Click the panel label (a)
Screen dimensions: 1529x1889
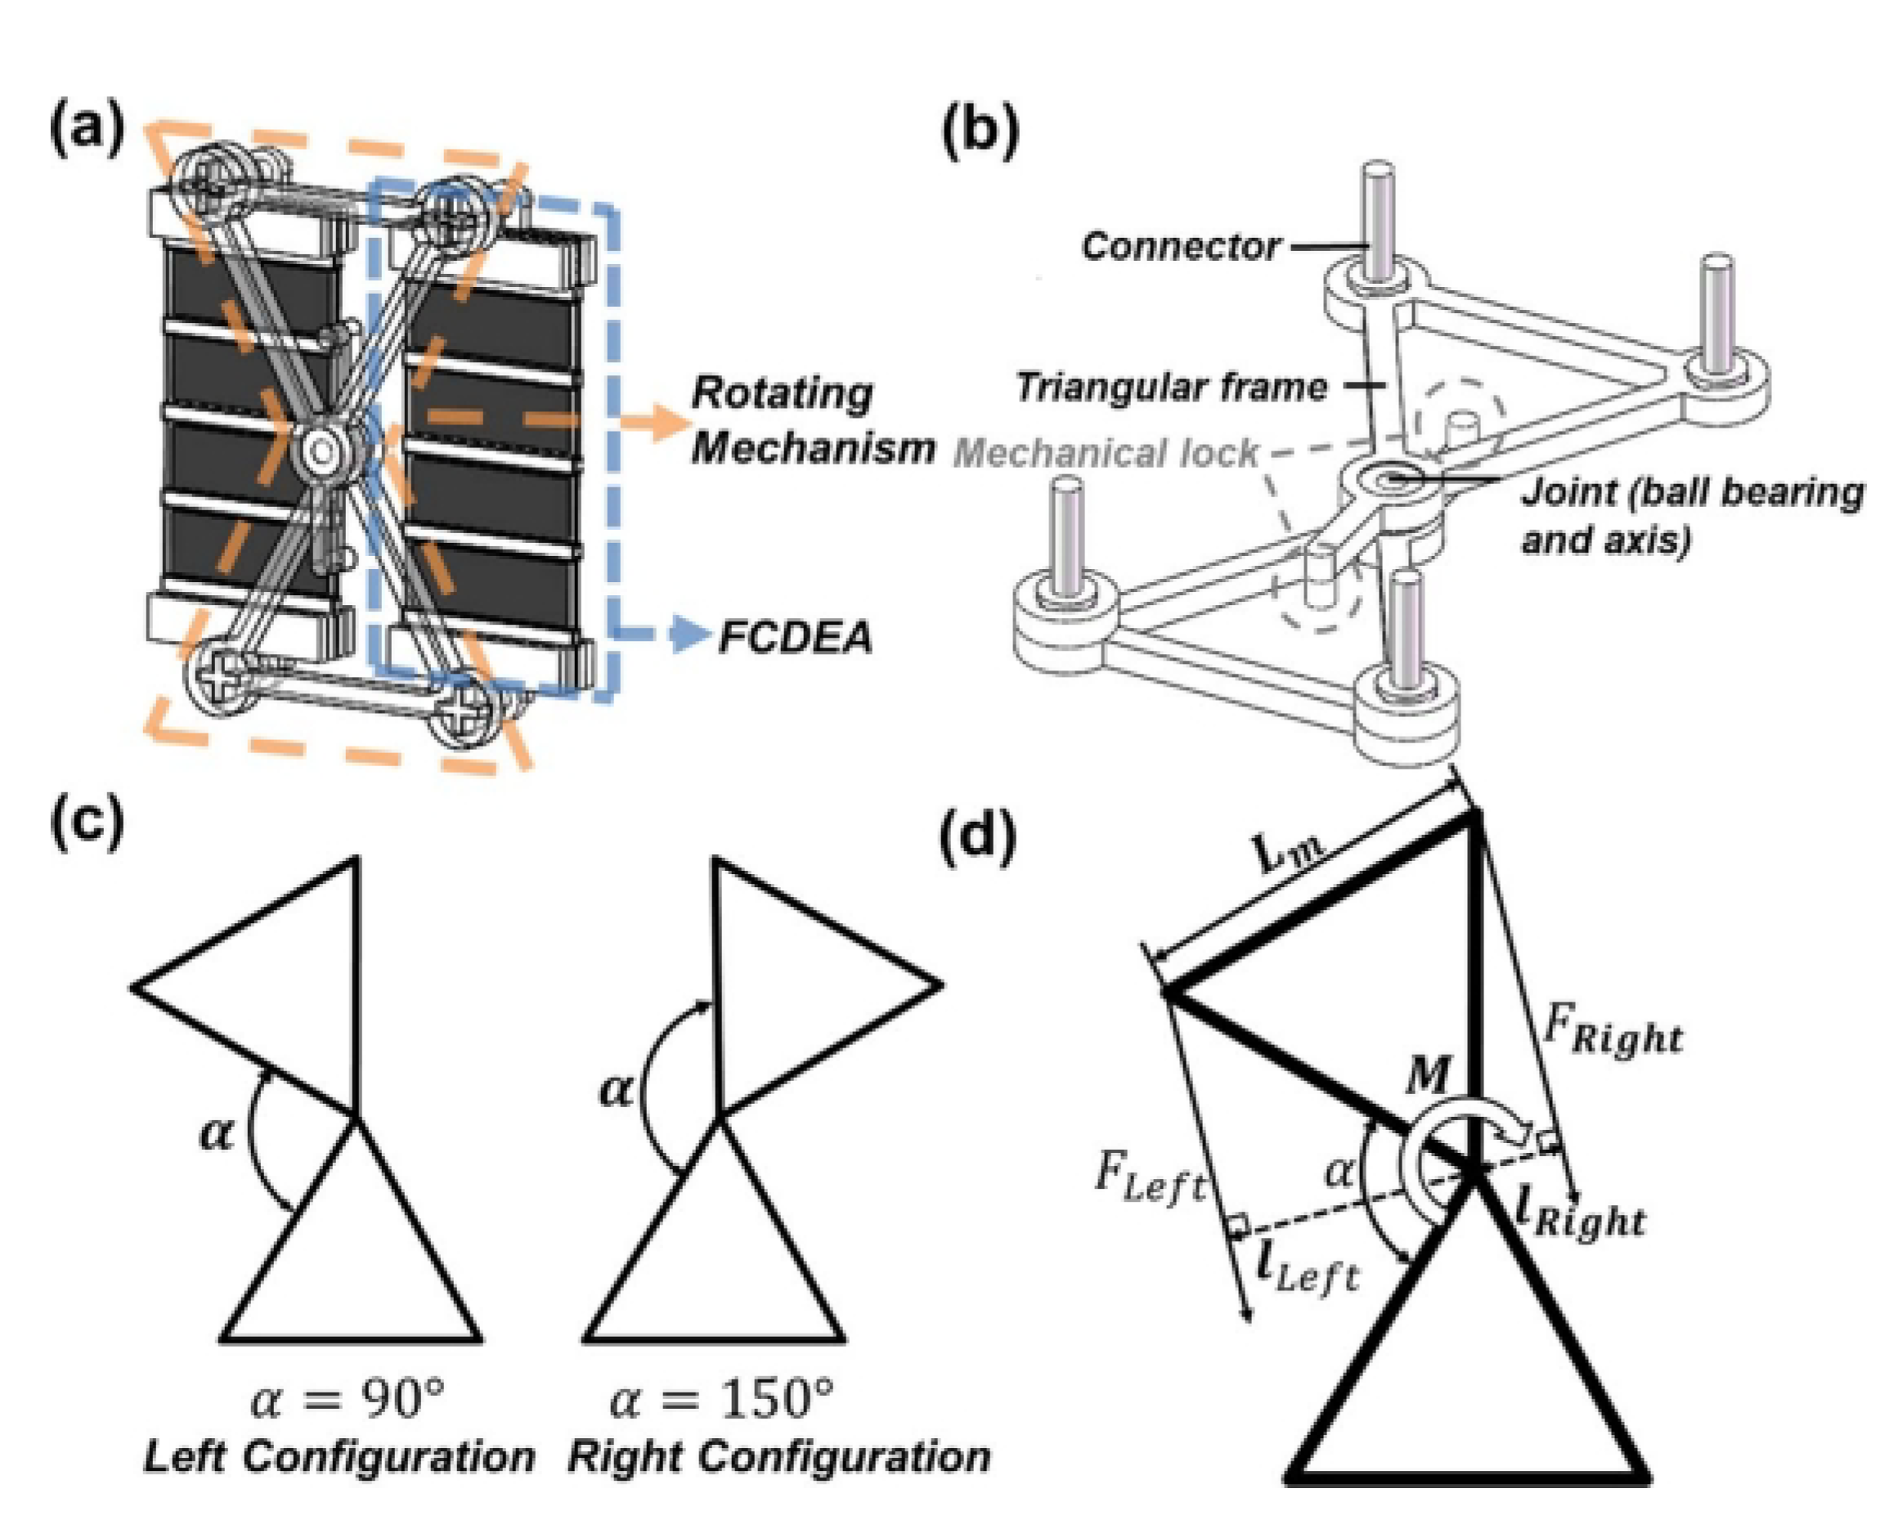point(87,130)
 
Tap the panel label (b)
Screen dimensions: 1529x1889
point(980,132)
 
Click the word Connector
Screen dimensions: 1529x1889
point(1180,247)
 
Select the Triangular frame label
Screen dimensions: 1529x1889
point(1170,387)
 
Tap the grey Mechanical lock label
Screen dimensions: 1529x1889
point(1106,453)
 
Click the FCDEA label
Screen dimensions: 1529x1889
point(795,637)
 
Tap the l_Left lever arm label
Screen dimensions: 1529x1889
point(1307,1268)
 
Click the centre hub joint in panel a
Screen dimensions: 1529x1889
point(322,451)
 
